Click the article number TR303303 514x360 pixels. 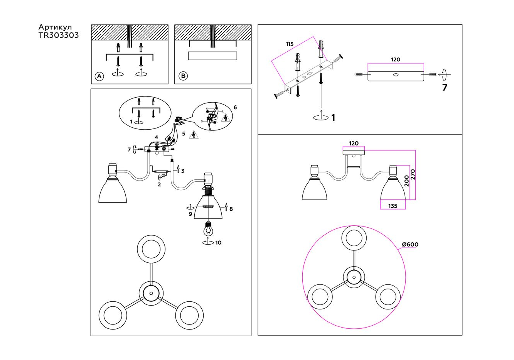[59, 35]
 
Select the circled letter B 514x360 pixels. [183, 76]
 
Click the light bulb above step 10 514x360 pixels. [208, 229]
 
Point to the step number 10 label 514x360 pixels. [219, 243]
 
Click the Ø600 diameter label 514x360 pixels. [410, 244]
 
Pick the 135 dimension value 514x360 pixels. [393, 206]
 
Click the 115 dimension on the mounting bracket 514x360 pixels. [290, 44]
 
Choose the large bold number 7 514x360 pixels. [445, 88]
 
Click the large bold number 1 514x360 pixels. [333, 118]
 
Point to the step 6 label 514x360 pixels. [235, 107]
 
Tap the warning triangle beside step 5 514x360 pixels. [195, 135]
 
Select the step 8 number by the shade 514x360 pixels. [231, 209]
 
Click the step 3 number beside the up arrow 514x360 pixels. [183, 171]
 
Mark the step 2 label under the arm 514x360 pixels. [159, 184]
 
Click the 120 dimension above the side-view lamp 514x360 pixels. [354, 144]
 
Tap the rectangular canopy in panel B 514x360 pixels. [212, 56]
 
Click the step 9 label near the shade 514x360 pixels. [190, 214]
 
